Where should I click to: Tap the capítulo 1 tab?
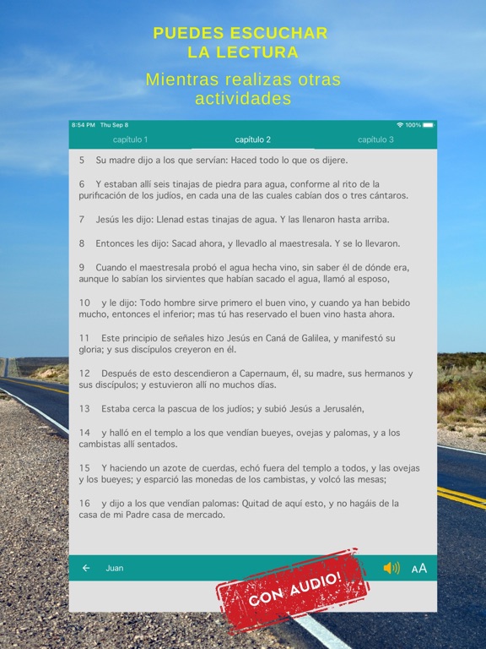click(x=130, y=139)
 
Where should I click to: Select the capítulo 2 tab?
click(x=253, y=139)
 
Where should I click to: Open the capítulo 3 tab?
click(x=375, y=139)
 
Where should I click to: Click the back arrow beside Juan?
click(x=86, y=568)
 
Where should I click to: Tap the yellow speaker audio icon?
click(x=391, y=568)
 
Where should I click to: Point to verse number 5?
click(x=82, y=160)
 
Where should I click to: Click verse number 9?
click(x=82, y=267)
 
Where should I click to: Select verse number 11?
click(x=84, y=338)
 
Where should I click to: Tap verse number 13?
click(x=84, y=409)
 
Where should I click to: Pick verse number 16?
click(x=84, y=504)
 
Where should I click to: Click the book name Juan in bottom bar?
click(x=115, y=568)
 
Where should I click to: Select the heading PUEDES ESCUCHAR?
click(x=240, y=34)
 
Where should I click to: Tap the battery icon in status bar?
click(x=429, y=125)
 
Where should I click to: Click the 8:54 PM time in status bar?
click(x=84, y=125)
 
